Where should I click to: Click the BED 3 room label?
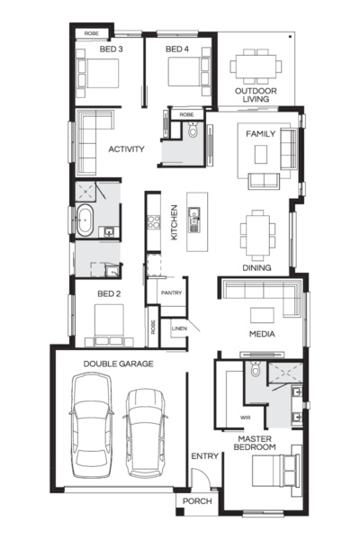click(111, 49)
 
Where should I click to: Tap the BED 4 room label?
click(177, 49)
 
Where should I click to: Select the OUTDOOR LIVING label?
click(256, 95)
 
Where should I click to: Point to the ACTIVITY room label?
click(126, 149)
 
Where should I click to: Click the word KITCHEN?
click(175, 222)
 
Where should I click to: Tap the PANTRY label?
click(171, 292)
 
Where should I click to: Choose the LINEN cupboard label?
click(179, 328)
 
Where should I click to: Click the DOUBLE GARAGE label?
click(118, 364)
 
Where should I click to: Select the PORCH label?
click(197, 501)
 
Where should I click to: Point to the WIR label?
click(246, 418)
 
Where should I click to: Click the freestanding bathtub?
click(85, 220)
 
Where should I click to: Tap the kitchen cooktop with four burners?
click(154, 222)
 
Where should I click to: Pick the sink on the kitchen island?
click(194, 220)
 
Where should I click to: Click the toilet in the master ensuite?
click(256, 369)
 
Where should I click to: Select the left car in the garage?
click(92, 426)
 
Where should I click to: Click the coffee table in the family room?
click(261, 154)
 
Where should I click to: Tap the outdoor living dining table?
click(256, 66)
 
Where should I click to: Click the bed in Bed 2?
click(109, 325)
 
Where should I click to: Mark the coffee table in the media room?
click(262, 315)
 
